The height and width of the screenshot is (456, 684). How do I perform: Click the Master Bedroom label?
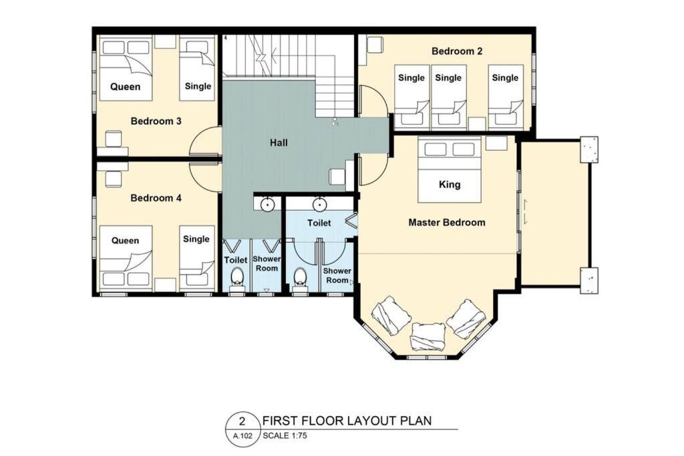[447, 222]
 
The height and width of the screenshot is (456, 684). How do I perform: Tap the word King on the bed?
[450, 184]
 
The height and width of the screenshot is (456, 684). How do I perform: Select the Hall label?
[279, 143]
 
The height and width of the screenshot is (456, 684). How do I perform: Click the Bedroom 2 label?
[457, 51]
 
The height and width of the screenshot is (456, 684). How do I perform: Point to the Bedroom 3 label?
[156, 121]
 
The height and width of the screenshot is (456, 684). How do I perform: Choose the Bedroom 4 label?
[156, 198]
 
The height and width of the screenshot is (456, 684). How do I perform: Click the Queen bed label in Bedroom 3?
[125, 87]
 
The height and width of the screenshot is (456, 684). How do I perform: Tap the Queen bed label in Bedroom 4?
[125, 240]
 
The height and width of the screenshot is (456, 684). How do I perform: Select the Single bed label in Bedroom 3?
[198, 86]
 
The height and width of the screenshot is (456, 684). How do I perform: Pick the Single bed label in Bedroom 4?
[196, 239]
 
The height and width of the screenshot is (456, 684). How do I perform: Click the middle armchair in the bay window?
[428, 336]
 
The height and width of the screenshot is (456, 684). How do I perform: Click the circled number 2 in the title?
[242, 421]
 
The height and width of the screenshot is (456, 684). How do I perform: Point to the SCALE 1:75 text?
[285, 435]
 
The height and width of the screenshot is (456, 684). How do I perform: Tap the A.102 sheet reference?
[242, 435]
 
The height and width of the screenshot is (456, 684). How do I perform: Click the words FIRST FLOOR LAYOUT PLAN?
[347, 421]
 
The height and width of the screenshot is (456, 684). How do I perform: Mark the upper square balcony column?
[589, 150]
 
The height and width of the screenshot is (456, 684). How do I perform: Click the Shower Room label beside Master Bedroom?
[337, 276]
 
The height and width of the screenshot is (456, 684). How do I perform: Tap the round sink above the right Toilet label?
[320, 204]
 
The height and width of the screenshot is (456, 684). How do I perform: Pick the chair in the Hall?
[338, 176]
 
